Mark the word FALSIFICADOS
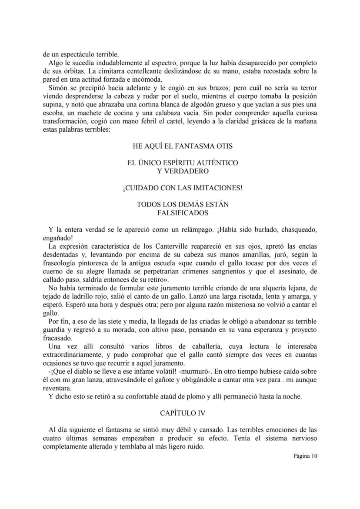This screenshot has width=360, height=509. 183,213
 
